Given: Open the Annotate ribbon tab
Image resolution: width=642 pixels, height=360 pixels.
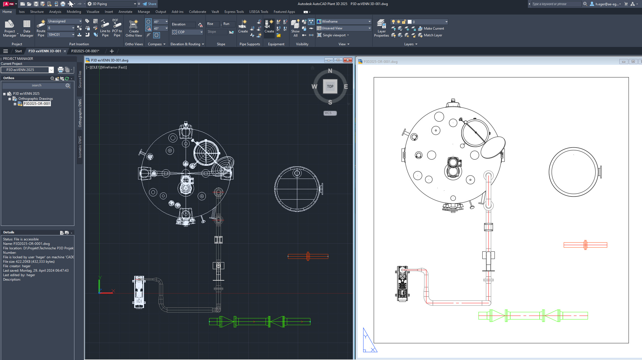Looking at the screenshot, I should [x=125, y=12].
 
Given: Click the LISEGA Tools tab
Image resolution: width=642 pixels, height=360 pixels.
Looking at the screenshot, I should [x=258, y=12].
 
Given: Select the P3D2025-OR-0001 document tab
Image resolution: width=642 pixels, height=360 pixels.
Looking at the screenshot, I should [x=85, y=51].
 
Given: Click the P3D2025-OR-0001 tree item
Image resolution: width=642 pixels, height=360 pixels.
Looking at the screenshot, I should [x=37, y=104].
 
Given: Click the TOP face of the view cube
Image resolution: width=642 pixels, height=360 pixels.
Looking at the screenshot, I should [x=330, y=86].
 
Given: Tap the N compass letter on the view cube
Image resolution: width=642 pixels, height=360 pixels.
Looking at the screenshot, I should [x=330, y=71].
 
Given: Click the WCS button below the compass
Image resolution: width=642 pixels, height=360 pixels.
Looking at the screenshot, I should [x=330, y=113].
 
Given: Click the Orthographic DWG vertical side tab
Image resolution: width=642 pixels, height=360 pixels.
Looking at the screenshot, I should [x=80, y=113].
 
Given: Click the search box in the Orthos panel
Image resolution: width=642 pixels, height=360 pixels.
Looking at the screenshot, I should [x=36, y=86].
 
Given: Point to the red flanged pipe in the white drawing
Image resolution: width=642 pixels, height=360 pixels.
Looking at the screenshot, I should [x=585, y=245].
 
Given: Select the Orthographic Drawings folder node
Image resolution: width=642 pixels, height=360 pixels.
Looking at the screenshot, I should [x=36, y=99].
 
